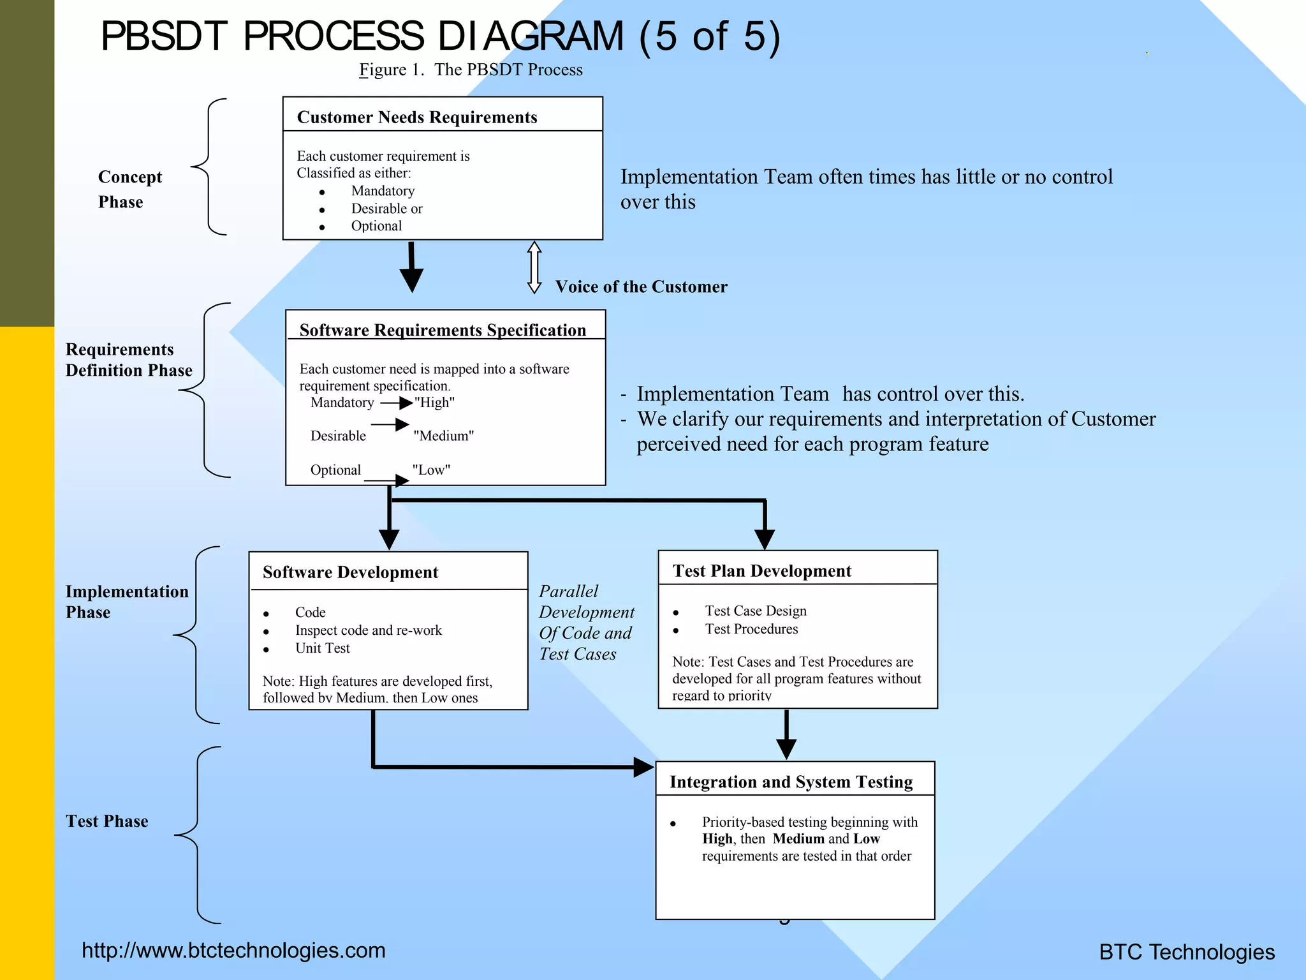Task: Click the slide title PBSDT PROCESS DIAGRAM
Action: [x=440, y=36]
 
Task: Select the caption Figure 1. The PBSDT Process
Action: [x=471, y=70]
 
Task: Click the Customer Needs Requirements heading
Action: [x=417, y=117]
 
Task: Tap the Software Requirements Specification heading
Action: [x=443, y=330]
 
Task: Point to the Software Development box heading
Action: [x=350, y=572]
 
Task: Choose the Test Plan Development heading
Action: [x=762, y=571]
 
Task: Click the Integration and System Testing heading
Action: [x=791, y=782]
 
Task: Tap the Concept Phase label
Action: [x=129, y=189]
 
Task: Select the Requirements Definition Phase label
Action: [x=128, y=360]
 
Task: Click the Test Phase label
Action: [x=106, y=821]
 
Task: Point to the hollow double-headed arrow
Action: [x=534, y=267]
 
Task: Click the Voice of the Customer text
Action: [x=641, y=287]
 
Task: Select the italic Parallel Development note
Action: [x=585, y=622]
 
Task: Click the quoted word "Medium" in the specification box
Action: [x=444, y=436]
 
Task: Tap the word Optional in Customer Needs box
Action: [x=376, y=226]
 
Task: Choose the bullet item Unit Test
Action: [x=322, y=648]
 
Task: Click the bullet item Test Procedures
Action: [x=751, y=629]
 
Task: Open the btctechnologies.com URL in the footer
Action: [x=233, y=951]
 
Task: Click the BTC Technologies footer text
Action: [x=1187, y=952]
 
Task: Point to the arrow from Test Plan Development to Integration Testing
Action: [x=786, y=735]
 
